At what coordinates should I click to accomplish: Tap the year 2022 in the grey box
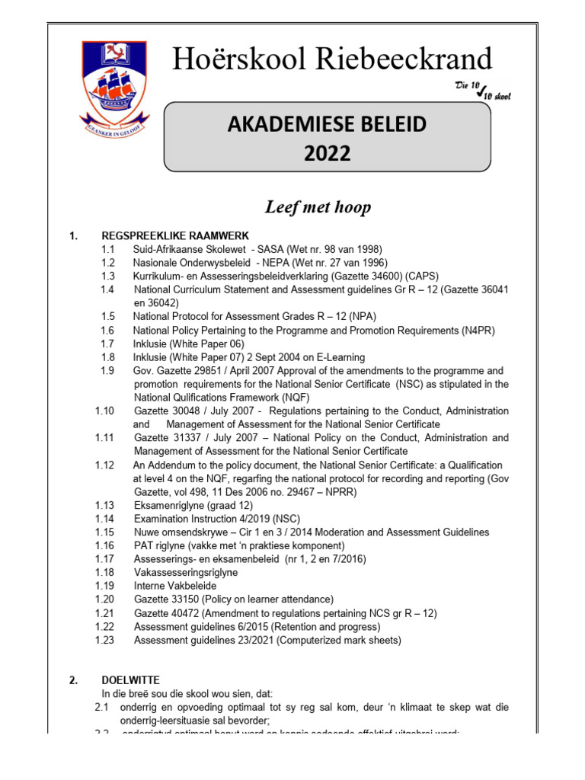[328, 154]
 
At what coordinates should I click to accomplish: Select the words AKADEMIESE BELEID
[328, 126]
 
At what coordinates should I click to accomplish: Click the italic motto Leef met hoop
[318, 207]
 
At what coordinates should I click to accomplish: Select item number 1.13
[105, 504]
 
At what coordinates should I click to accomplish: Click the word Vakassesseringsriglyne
[186, 572]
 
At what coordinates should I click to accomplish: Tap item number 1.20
[105, 599]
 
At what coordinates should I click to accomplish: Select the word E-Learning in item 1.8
[338, 357]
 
